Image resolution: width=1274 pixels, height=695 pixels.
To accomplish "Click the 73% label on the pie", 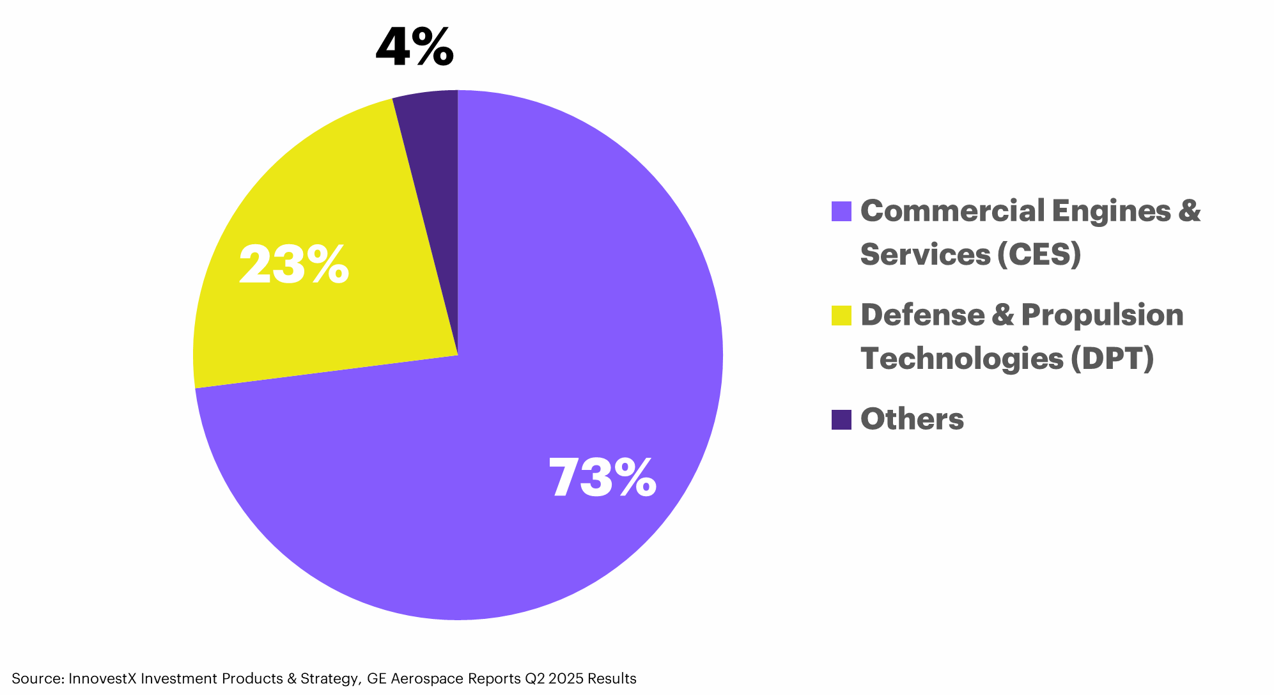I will coord(602,478).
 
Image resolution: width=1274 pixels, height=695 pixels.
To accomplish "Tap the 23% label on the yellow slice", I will coord(294,265).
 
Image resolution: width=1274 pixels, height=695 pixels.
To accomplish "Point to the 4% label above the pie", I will coord(414,47).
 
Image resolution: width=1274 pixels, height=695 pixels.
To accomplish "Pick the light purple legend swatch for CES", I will coord(841,212).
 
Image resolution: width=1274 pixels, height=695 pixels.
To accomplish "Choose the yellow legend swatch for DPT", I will coord(841,315).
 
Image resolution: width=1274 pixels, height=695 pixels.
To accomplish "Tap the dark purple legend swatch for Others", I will coord(841,419).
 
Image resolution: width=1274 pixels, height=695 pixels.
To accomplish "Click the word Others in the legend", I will coord(912,419).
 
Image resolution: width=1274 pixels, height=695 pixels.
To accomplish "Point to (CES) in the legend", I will coord(1039,254).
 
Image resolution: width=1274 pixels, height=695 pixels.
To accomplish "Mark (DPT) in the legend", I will coord(1113,358).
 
